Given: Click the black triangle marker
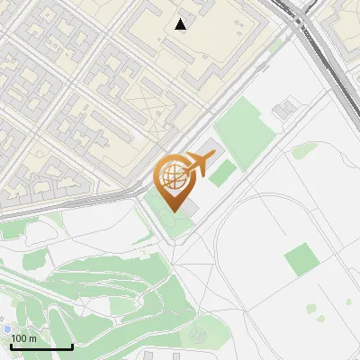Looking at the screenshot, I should pyautogui.click(x=181, y=24).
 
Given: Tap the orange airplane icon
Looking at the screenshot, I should pyautogui.click(x=199, y=164).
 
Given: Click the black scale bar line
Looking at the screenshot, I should pyautogui.click(x=41, y=346).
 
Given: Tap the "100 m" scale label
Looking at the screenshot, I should pyautogui.click(x=24, y=338).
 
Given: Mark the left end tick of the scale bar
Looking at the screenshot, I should pyautogui.click(x=11, y=345).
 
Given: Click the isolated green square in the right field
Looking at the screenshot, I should pyautogui.click(x=302, y=261).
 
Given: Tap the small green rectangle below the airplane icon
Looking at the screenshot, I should pyautogui.click(x=222, y=173).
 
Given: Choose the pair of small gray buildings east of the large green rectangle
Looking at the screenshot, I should pyautogui.click(x=284, y=110).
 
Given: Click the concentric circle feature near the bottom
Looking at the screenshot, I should pyautogui.click(x=197, y=337).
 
